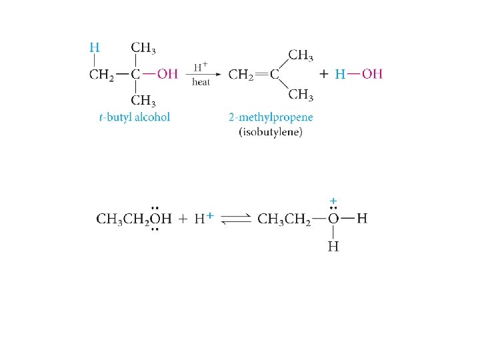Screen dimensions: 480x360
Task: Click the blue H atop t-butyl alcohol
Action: tap(95, 47)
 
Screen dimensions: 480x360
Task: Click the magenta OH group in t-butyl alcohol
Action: tap(167, 74)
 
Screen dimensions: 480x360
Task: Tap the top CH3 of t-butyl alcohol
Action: tap(143, 47)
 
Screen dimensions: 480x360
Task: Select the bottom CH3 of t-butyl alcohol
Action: tap(143, 101)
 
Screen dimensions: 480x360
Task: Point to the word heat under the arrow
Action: tap(201, 82)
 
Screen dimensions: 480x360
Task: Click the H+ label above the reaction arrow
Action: tap(201, 67)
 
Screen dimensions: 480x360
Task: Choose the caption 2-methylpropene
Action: tap(270, 117)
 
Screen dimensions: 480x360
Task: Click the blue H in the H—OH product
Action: tap(339, 74)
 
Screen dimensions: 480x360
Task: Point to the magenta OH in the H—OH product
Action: tap(373, 74)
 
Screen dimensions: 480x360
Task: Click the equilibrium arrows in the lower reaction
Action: tap(234, 219)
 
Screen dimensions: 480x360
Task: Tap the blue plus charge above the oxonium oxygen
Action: tap(333, 200)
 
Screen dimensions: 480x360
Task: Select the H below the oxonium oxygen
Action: tap(333, 247)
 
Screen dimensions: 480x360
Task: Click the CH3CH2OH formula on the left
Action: tap(134, 219)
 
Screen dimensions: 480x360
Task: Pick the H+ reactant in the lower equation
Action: tap(203, 219)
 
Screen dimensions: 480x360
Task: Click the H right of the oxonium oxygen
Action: tap(362, 218)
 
